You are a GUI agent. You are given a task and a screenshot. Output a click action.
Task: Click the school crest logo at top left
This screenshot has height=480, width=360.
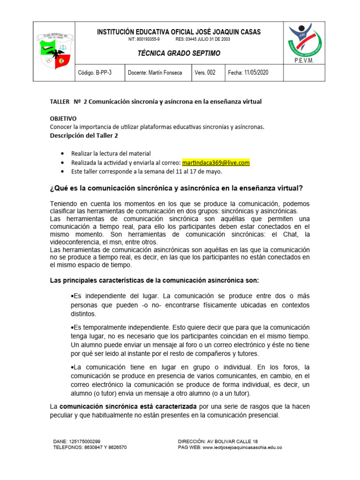56,51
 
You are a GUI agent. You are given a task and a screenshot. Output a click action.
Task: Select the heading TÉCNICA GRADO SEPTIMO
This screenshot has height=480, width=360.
179,53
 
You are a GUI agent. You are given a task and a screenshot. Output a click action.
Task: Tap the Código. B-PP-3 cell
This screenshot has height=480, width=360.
97,73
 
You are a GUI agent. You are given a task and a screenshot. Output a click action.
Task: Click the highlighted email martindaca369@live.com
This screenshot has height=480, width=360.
216,163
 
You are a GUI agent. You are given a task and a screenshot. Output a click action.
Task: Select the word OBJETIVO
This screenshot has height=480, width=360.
63,119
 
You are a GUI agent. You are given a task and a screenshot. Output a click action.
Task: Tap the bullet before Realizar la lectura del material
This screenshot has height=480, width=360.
63,154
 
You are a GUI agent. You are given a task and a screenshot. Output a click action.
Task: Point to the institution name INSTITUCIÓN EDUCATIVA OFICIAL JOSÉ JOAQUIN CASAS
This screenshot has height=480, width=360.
179,32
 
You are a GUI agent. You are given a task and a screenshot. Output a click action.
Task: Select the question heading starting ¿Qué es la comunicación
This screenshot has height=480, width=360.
176,188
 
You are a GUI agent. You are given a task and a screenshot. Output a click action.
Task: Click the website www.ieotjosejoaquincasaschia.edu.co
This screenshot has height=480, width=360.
242,448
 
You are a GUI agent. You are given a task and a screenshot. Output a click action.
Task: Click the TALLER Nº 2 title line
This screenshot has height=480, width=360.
156,101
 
